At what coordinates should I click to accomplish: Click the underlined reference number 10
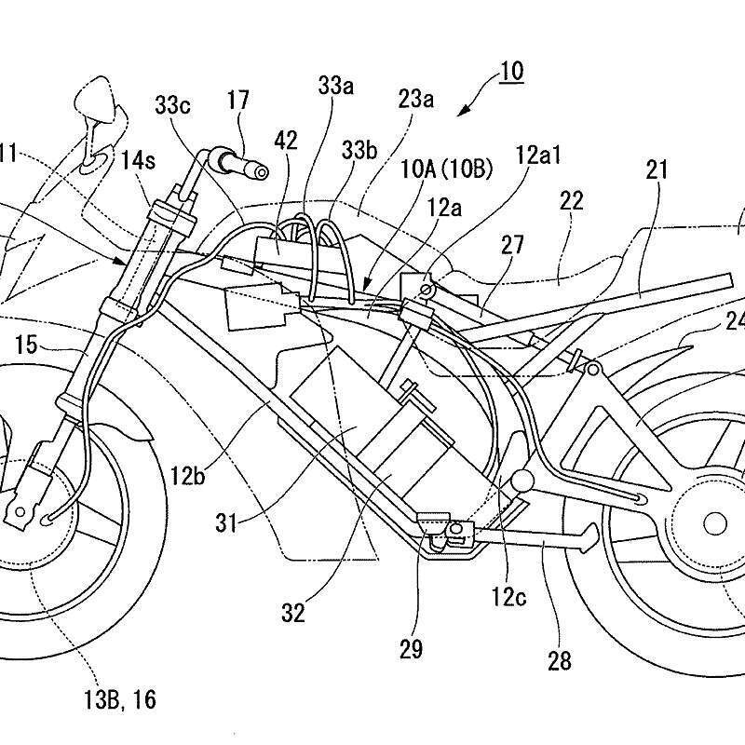pos(510,72)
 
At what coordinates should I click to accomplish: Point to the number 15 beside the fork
pos(27,345)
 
